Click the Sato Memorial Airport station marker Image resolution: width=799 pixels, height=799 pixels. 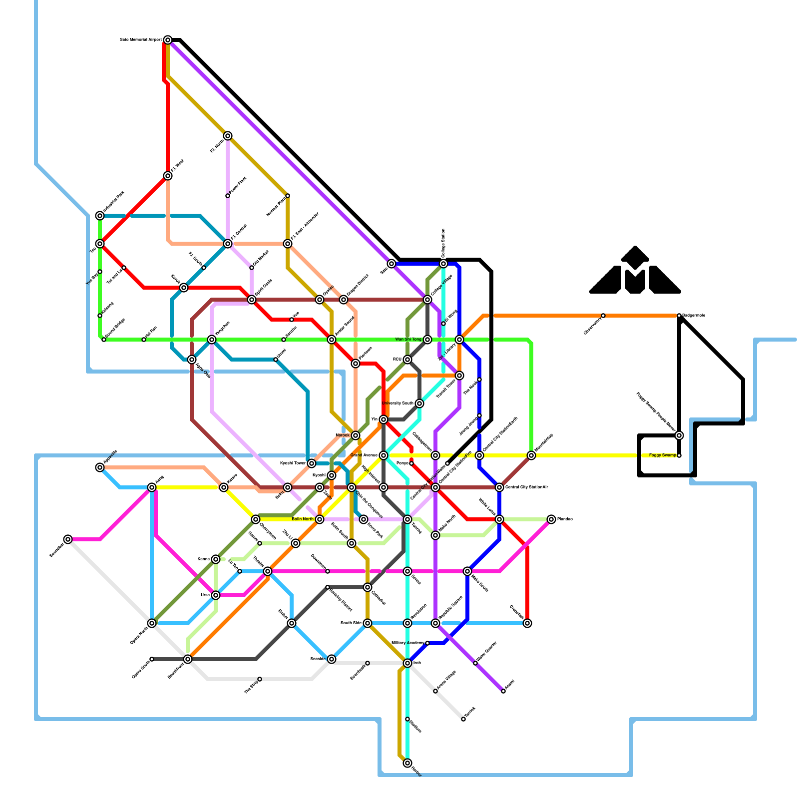click(x=168, y=40)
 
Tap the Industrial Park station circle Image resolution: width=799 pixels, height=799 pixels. click(x=100, y=216)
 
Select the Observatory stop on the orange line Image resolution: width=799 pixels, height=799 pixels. click(x=603, y=316)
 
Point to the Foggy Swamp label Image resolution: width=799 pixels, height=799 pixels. click(x=662, y=455)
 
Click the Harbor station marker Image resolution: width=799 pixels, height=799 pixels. click(x=407, y=763)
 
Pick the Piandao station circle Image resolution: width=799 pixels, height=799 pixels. click(x=551, y=519)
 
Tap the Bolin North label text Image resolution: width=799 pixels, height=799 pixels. click(x=303, y=519)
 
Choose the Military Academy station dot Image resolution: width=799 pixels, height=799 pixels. click(x=427, y=643)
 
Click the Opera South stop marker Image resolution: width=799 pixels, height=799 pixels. click(x=152, y=659)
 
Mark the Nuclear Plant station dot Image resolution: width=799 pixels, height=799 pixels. click(x=288, y=196)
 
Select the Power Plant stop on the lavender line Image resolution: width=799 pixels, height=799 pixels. click(x=228, y=196)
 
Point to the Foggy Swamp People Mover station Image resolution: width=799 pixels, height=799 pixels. click(x=679, y=435)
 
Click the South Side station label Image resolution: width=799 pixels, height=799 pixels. click(x=351, y=623)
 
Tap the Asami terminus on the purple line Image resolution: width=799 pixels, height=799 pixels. click(x=503, y=691)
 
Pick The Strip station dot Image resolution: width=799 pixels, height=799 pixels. click(x=260, y=679)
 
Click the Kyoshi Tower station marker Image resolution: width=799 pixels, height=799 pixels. click(x=312, y=463)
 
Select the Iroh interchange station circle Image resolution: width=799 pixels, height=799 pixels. click(x=407, y=663)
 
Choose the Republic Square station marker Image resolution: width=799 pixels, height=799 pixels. click(x=435, y=623)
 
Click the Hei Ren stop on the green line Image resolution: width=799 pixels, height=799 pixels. click(x=144, y=340)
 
